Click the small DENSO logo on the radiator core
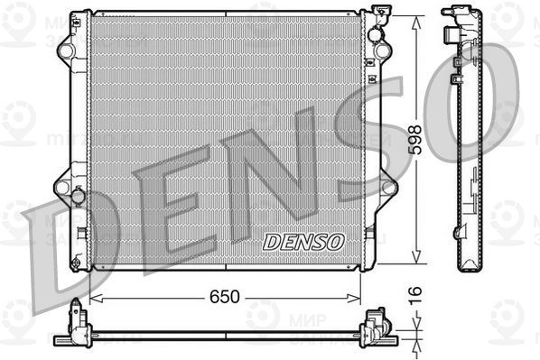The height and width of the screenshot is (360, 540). pyautogui.click(x=303, y=241)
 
